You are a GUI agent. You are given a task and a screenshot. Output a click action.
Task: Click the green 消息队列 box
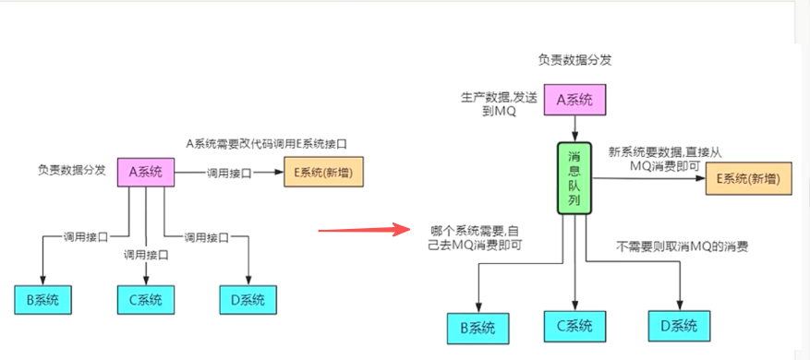tap(574, 178)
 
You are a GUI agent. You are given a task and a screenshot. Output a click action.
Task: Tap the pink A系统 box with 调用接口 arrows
tap(146, 172)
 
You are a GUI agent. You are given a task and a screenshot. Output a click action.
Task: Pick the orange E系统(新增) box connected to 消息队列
tap(749, 180)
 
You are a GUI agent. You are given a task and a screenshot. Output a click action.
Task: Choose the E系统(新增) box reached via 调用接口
tap(322, 173)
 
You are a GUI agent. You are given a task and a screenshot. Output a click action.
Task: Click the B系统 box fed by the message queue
tap(477, 326)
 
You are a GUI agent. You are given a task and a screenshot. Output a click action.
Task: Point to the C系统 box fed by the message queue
tap(574, 325)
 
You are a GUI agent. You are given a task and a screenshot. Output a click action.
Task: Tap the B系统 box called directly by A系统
tap(43, 300)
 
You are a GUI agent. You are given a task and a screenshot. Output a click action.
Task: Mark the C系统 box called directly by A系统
tap(145, 300)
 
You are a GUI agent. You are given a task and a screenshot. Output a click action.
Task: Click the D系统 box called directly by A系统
tap(248, 300)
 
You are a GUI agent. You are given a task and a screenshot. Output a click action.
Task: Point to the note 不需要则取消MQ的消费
tap(682, 246)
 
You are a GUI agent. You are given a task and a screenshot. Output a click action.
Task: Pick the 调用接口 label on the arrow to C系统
tap(146, 255)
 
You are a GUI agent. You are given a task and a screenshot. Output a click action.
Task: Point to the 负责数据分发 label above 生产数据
tap(574, 60)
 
